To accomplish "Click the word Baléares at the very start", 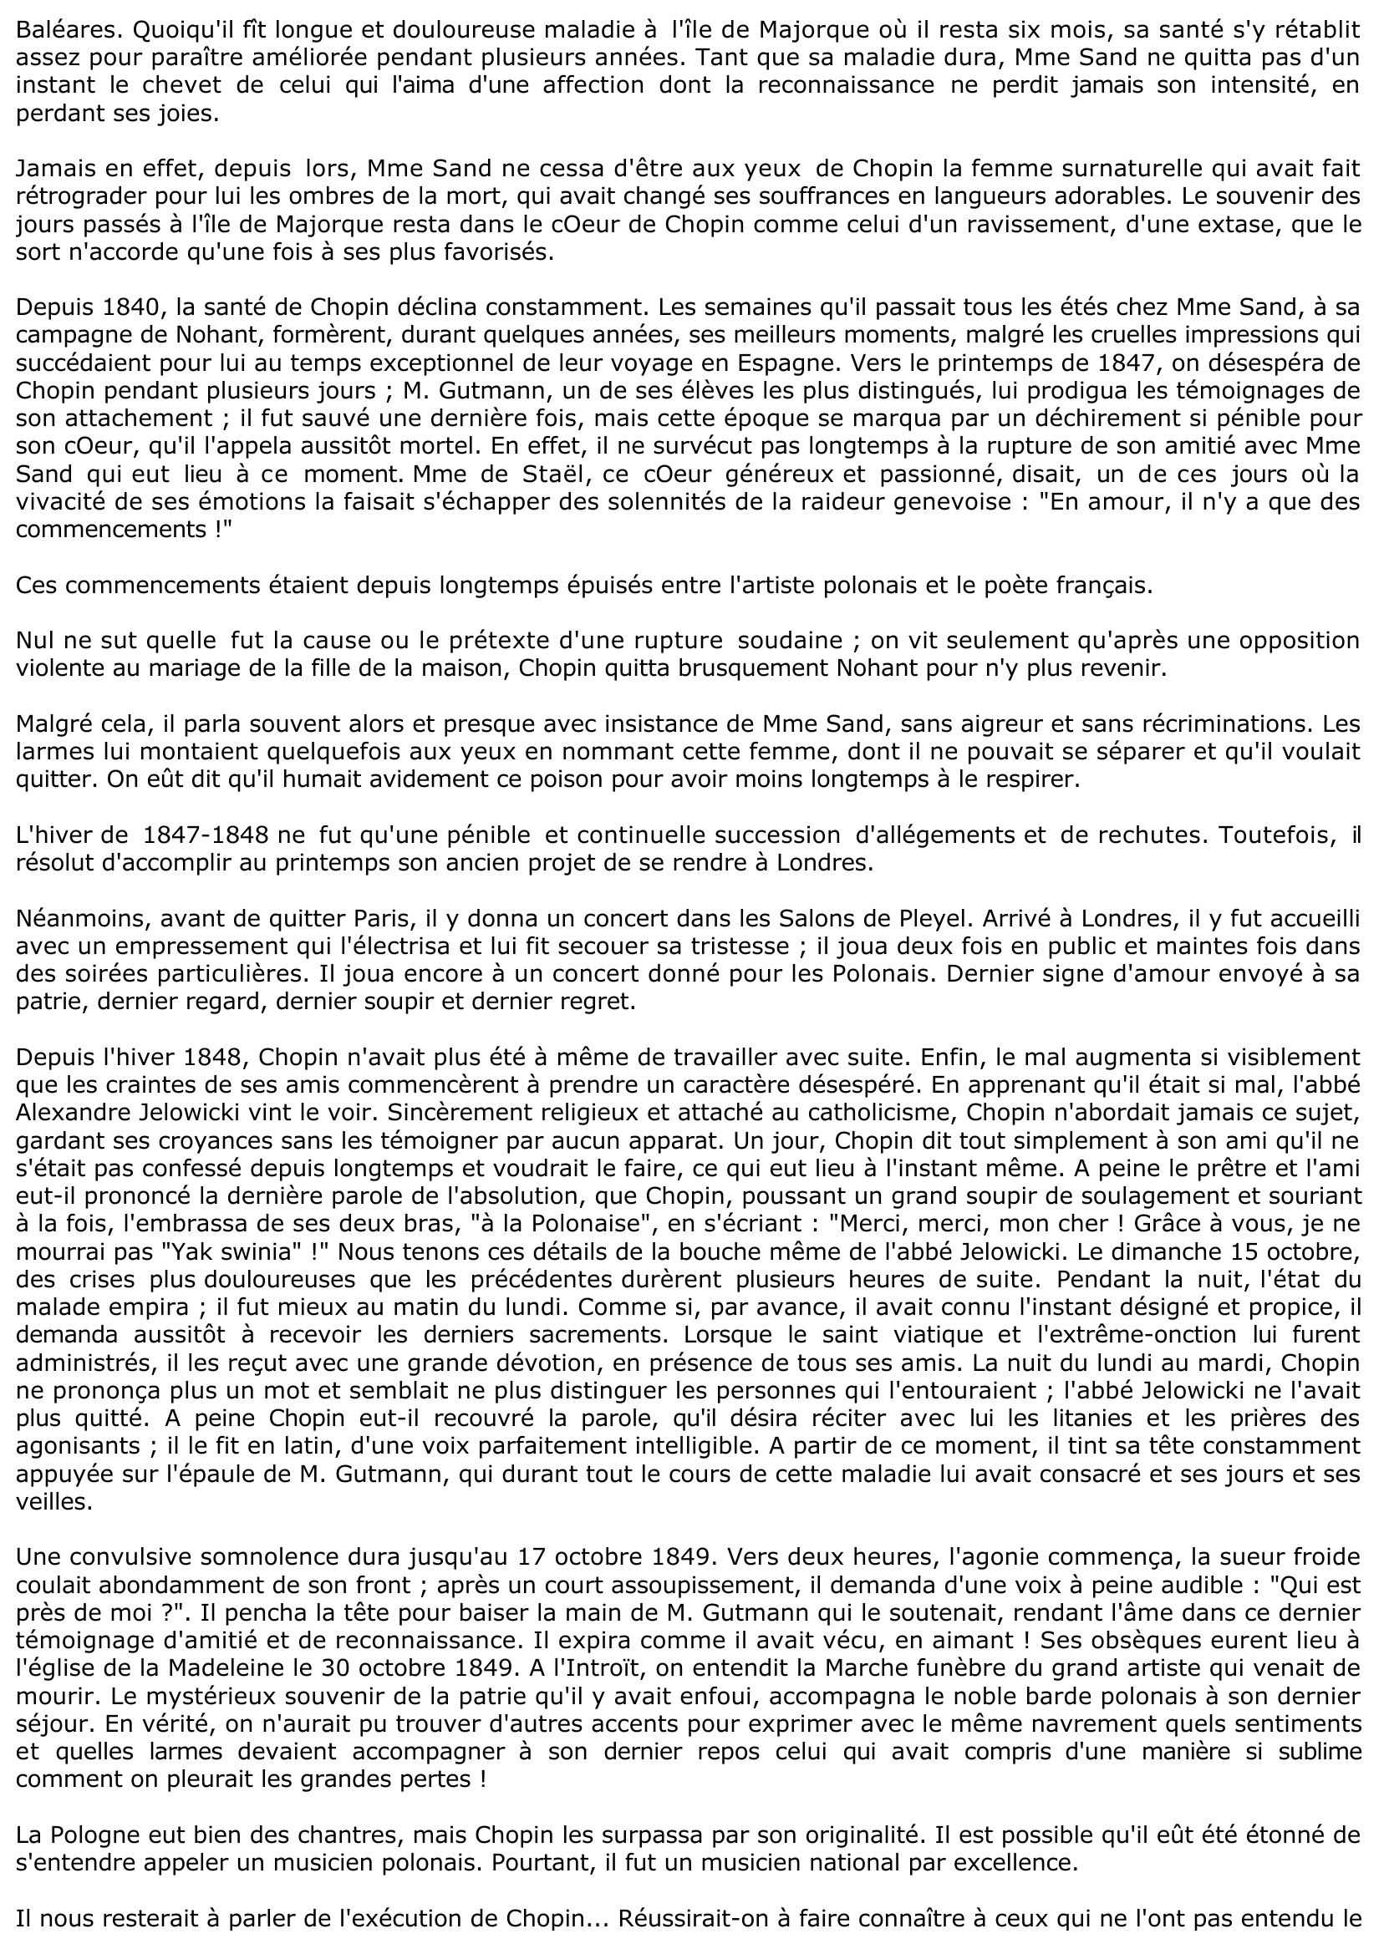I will [59, 31].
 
